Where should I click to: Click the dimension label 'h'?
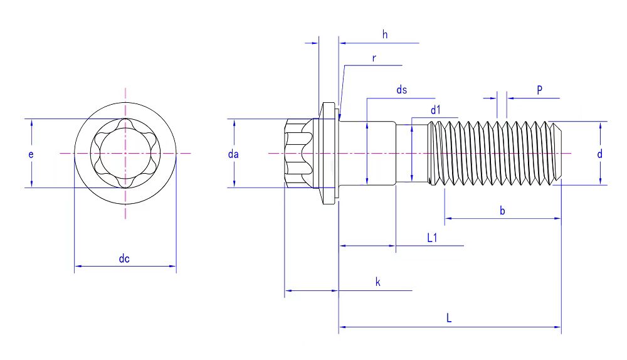click(385, 34)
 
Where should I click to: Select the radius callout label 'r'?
click(374, 58)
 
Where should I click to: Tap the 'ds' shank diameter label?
click(401, 90)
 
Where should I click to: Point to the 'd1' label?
click(435, 110)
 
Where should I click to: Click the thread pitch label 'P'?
click(539, 90)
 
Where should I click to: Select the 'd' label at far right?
click(599, 154)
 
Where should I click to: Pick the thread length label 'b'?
click(502, 210)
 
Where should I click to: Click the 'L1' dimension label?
click(432, 238)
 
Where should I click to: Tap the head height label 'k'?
click(378, 282)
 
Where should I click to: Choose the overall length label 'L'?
click(449, 318)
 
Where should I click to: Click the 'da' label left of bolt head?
click(233, 154)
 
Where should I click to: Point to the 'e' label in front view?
click(31, 154)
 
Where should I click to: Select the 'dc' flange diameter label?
click(124, 258)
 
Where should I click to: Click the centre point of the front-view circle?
click(125, 153)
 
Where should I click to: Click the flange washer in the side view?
click(329, 153)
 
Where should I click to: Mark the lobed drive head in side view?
click(299, 153)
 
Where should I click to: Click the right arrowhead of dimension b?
click(557, 218)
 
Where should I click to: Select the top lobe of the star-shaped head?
click(125, 122)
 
